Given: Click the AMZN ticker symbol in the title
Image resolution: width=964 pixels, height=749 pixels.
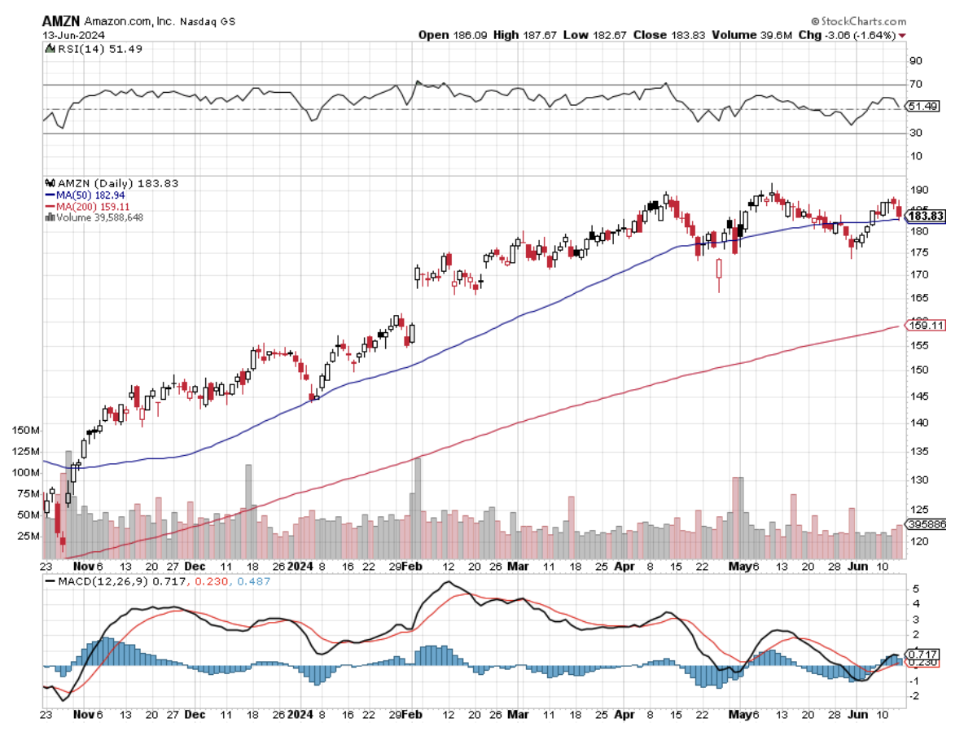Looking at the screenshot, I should coord(61,21).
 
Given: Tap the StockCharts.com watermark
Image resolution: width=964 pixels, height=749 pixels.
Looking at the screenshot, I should coord(862,21).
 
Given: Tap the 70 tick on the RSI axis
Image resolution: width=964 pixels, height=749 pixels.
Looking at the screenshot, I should coord(915,84).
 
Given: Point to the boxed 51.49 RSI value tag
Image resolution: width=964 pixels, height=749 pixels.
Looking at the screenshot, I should coord(922,107).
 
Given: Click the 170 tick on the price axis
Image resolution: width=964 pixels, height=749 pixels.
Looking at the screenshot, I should coord(918,275).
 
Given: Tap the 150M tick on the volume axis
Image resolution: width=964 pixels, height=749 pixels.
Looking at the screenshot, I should coord(25,429).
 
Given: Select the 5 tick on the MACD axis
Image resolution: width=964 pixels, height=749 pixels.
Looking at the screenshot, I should coord(915,589).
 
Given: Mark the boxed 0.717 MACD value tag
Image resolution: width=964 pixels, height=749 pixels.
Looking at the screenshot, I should coord(924,654).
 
